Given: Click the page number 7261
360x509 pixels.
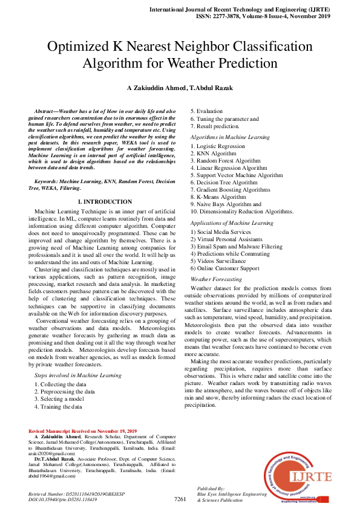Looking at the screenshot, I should pyautogui.click(x=179, y=499).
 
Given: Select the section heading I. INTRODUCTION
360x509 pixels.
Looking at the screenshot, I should pyautogui.click(x=105, y=201).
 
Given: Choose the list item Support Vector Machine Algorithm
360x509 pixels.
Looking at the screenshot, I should pyautogui.click(x=237, y=175).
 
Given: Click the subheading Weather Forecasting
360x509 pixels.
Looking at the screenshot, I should pyautogui.click(x=216, y=279).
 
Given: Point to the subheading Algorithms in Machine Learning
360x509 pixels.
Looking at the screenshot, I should pyautogui.click(x=230, y=137).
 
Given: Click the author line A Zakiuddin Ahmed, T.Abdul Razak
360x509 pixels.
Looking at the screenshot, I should pyautogui.click(x=180, y=88).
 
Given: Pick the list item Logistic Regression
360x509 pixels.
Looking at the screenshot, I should pyautogui.click(x=218, y=146).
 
